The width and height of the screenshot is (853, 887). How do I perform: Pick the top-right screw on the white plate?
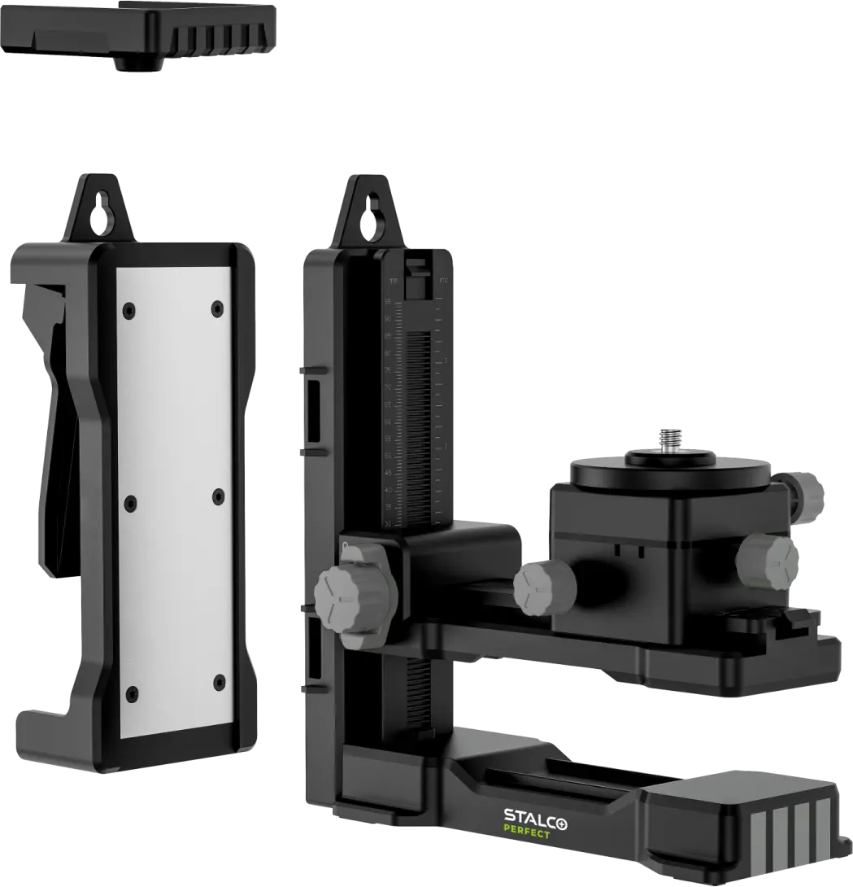tap(217, 308)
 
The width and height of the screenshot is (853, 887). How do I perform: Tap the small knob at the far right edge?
tap(814, 492)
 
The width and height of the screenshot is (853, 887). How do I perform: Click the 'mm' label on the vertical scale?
tap(394, 281)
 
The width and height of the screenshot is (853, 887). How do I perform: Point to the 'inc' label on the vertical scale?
tap(444, 281)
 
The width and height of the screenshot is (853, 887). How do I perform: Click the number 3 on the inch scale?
tap(446, 360)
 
